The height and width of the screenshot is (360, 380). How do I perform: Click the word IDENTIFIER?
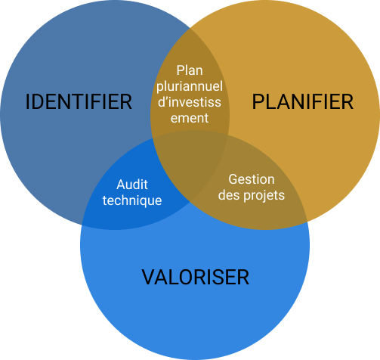(79, 101)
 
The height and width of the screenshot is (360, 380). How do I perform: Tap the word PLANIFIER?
(303, 101)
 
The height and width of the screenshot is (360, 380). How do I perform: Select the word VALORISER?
(196, 277)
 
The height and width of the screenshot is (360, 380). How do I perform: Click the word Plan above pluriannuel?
(190, 70)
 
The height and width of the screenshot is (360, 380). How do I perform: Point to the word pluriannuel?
(190, 86)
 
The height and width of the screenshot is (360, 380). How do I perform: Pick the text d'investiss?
(190, 102)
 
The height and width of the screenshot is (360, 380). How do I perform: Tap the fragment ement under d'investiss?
(190, 118)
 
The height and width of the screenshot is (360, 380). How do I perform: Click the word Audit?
(132, 185)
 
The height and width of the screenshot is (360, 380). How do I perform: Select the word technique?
(132, 200)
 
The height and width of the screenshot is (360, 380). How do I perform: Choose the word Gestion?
(252, 179)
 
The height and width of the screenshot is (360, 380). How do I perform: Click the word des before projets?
(229, 195)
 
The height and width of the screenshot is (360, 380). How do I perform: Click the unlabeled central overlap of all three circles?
(190, 161)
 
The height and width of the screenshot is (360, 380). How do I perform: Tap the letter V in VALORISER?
(149, 277)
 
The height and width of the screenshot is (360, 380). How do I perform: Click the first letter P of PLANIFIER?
(258, 101)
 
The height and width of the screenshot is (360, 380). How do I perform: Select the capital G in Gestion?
(233, 179)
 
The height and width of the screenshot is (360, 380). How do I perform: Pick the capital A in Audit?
(121, 185)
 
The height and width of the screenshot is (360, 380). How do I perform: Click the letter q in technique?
(144, 202)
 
